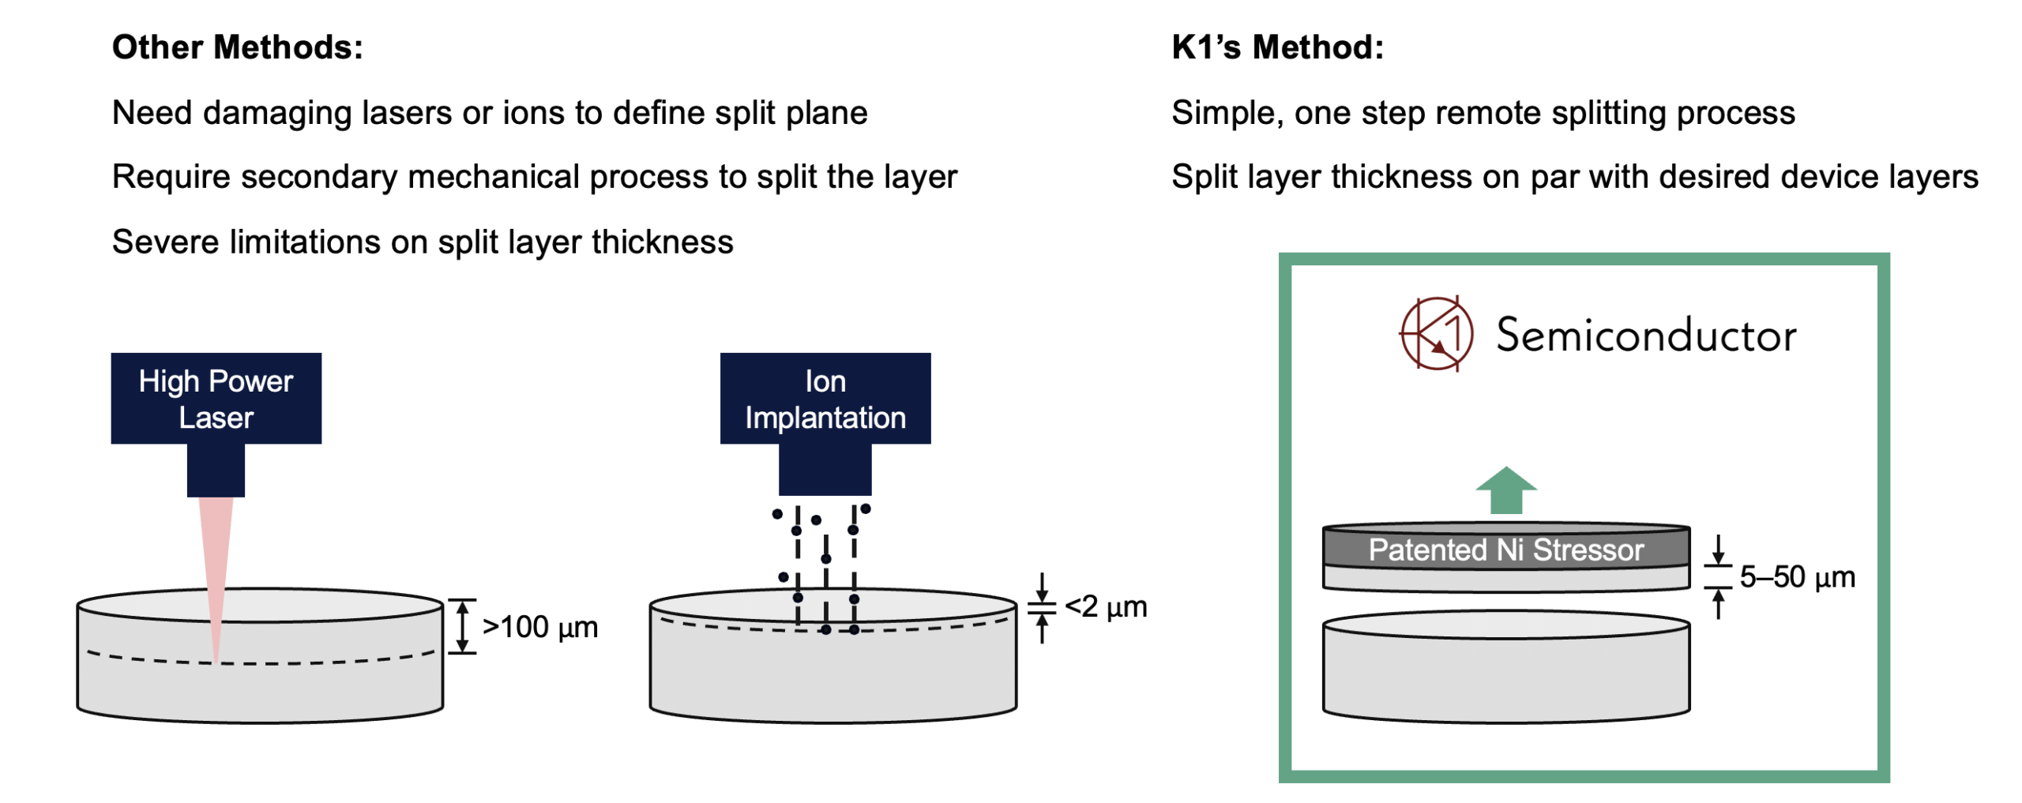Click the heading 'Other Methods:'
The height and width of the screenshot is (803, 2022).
click(237, 47)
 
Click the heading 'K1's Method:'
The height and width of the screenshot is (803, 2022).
click(1276, 47)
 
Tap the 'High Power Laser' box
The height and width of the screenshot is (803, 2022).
click(216, 398)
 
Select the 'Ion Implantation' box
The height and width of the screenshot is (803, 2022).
click(825, 398)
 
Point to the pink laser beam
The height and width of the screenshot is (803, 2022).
click(216, 568)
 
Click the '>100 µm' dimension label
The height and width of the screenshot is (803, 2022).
click(539, 627)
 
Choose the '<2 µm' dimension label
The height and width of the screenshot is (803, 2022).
click(1105, 606)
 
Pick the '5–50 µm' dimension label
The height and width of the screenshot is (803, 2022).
click(1796, 576)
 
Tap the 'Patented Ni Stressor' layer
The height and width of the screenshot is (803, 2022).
click(1505, 550)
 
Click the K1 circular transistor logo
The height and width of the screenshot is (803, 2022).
click(1436, 333)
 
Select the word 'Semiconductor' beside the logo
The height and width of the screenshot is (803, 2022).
click(1645, 336)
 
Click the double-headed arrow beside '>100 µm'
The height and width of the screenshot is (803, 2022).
click(462, 626)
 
